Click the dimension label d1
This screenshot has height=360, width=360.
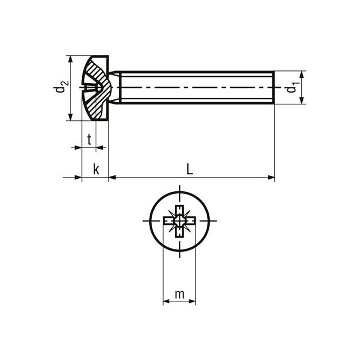coord(292,88)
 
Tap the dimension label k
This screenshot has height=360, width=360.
coord(96,169)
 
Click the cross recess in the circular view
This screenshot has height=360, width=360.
coord(179,222)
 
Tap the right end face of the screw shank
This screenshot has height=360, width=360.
coord(274,88)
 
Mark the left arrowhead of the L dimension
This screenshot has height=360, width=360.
coord(113,178)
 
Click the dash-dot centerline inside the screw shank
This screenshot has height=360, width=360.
coord(195,88)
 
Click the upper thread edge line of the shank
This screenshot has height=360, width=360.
coord(195,71)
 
